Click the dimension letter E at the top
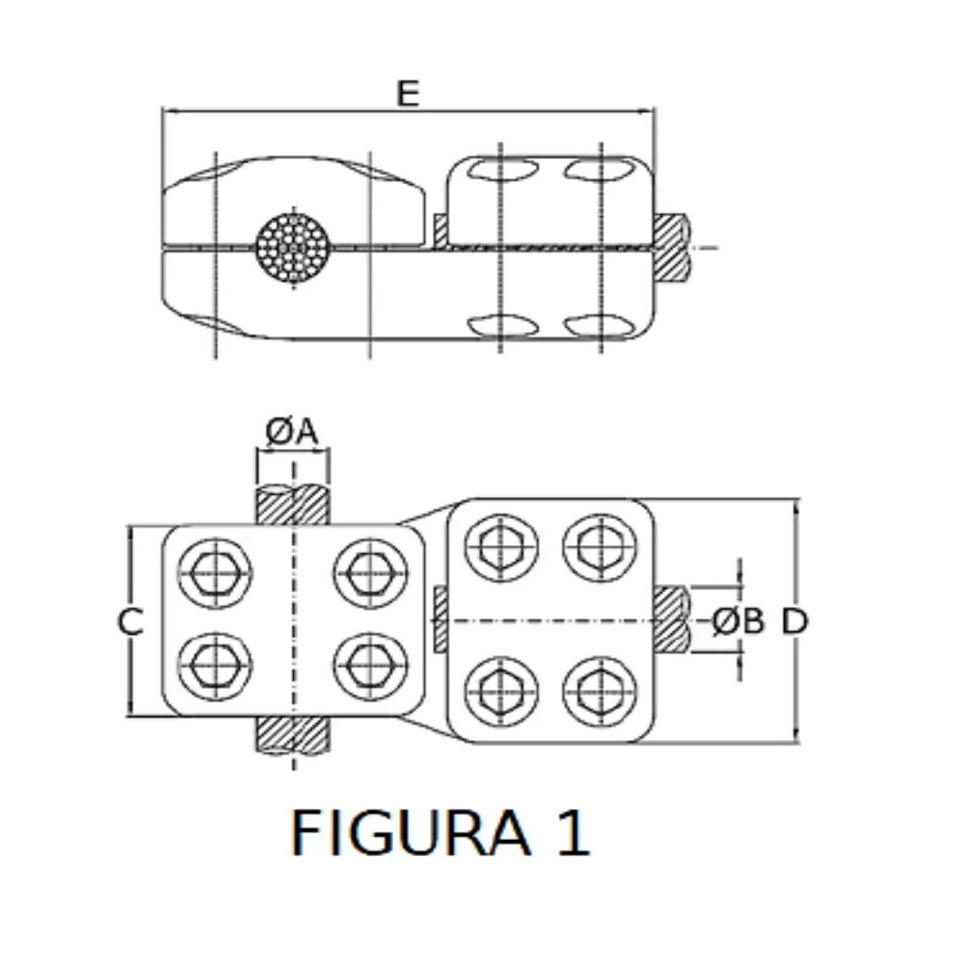407,93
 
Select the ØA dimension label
292,432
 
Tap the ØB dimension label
737,622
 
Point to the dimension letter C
130,622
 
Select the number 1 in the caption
573,833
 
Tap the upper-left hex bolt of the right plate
501,547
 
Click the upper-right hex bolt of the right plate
600,547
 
